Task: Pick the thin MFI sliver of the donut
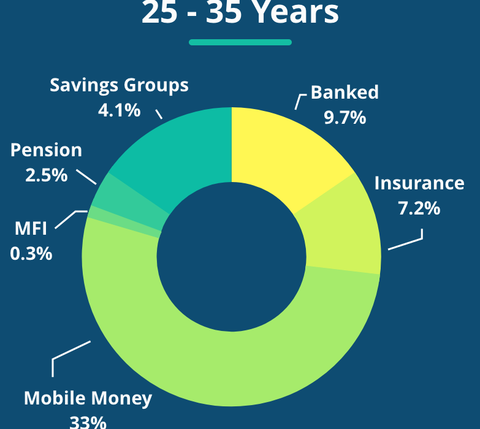click(123, 221)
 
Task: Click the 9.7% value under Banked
click(345, 118)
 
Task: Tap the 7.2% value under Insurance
click(419, 208)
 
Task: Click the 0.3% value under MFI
click(31, 254)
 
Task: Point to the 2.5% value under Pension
click(46, 175)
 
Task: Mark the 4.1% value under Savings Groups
click(119, 110)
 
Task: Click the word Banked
click(345, 92)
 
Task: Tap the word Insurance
click(419, 183)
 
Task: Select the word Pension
click(46, 150)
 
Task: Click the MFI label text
click(31, 228)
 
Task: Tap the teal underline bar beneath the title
click(240, 42)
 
